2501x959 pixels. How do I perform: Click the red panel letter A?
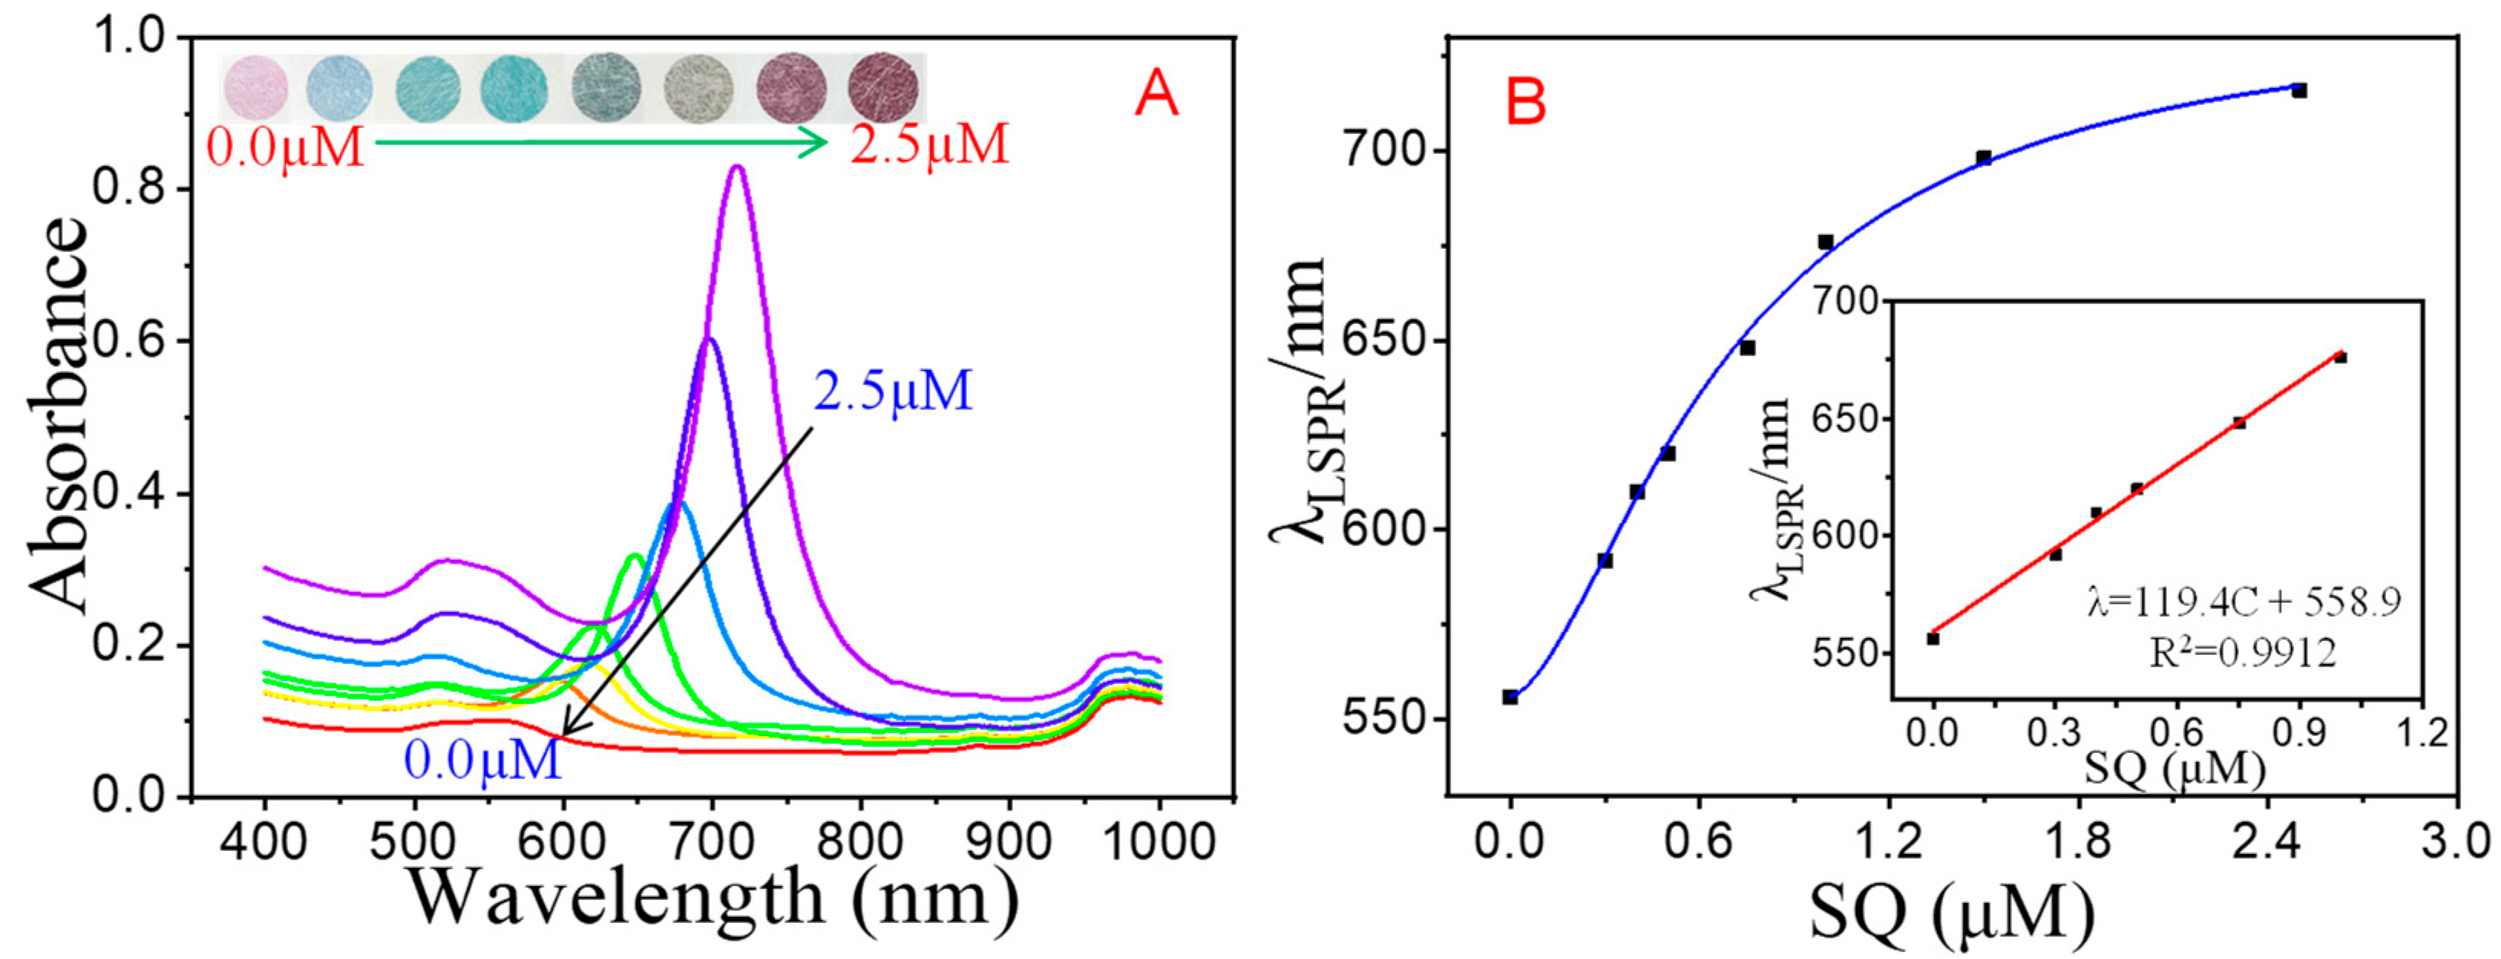coord(1155,95)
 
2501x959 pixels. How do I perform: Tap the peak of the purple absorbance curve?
coord(737,168)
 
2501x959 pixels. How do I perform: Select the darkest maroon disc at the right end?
coord(883,87)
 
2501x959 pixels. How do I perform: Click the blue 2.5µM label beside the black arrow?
coord(892,391)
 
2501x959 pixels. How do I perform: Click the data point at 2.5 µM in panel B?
coord(2298,90)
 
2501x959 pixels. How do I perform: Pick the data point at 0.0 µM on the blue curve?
coord(1509,697)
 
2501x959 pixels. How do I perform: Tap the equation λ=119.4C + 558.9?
coord(2244,602)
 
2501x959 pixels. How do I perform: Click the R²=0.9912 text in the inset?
coord(2242,653)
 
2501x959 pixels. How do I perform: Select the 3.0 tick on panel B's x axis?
coord(2457,840)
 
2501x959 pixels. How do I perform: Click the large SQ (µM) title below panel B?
coord(1952,912)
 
